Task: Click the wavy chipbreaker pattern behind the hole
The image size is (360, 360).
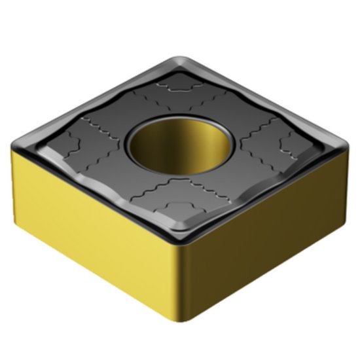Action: (177, 92)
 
